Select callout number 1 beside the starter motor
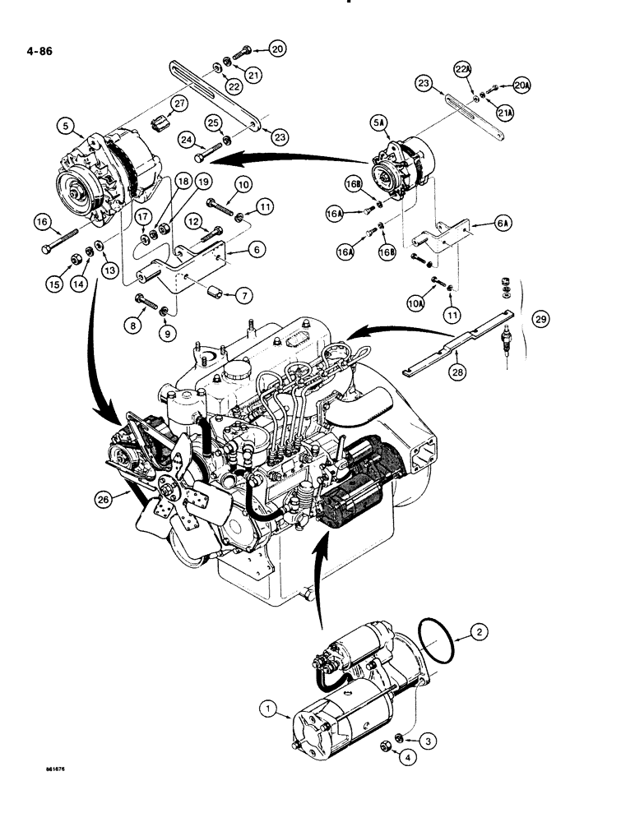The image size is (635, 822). [267, 706]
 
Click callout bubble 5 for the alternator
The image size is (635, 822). [65, 126]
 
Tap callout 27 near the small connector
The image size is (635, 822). [179, 103]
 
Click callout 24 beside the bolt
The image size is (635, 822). [186, 138]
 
